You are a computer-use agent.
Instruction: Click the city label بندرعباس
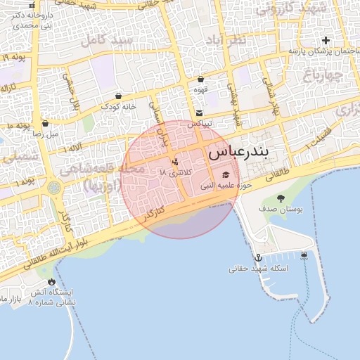coord(238,151)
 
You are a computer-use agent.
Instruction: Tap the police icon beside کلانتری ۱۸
coord(174,162)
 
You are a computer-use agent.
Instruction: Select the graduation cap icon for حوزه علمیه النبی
coord(225,175)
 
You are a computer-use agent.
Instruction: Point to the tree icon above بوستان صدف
coord(281,198)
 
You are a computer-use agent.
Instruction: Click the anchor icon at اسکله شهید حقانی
coord(258,258)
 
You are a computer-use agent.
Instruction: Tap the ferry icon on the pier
coord(304,255)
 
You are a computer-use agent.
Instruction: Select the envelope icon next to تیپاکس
coord(200,112)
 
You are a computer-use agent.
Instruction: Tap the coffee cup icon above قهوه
coord(201,79)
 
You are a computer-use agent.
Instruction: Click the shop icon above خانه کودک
coord(117,96)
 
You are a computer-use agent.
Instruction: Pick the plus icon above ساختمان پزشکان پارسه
coord(325,40)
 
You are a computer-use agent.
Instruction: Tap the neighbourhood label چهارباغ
coord(324,73)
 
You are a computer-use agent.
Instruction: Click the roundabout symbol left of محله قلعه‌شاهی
coord(54,188)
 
